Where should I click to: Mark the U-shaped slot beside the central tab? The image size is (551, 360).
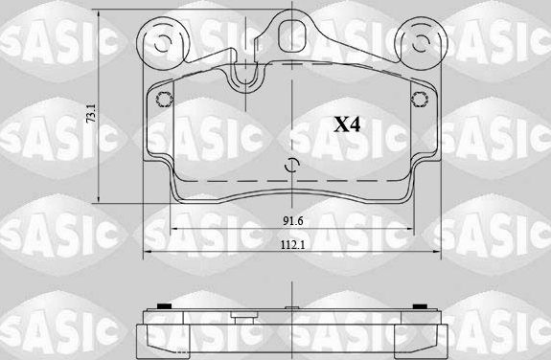click(x=248, y=74)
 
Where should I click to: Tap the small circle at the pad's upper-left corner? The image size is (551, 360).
click(x=163, y=96)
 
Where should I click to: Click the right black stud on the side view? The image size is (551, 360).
click(x=419, y=306)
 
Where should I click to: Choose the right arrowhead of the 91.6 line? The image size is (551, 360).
click(x=411, y=231)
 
